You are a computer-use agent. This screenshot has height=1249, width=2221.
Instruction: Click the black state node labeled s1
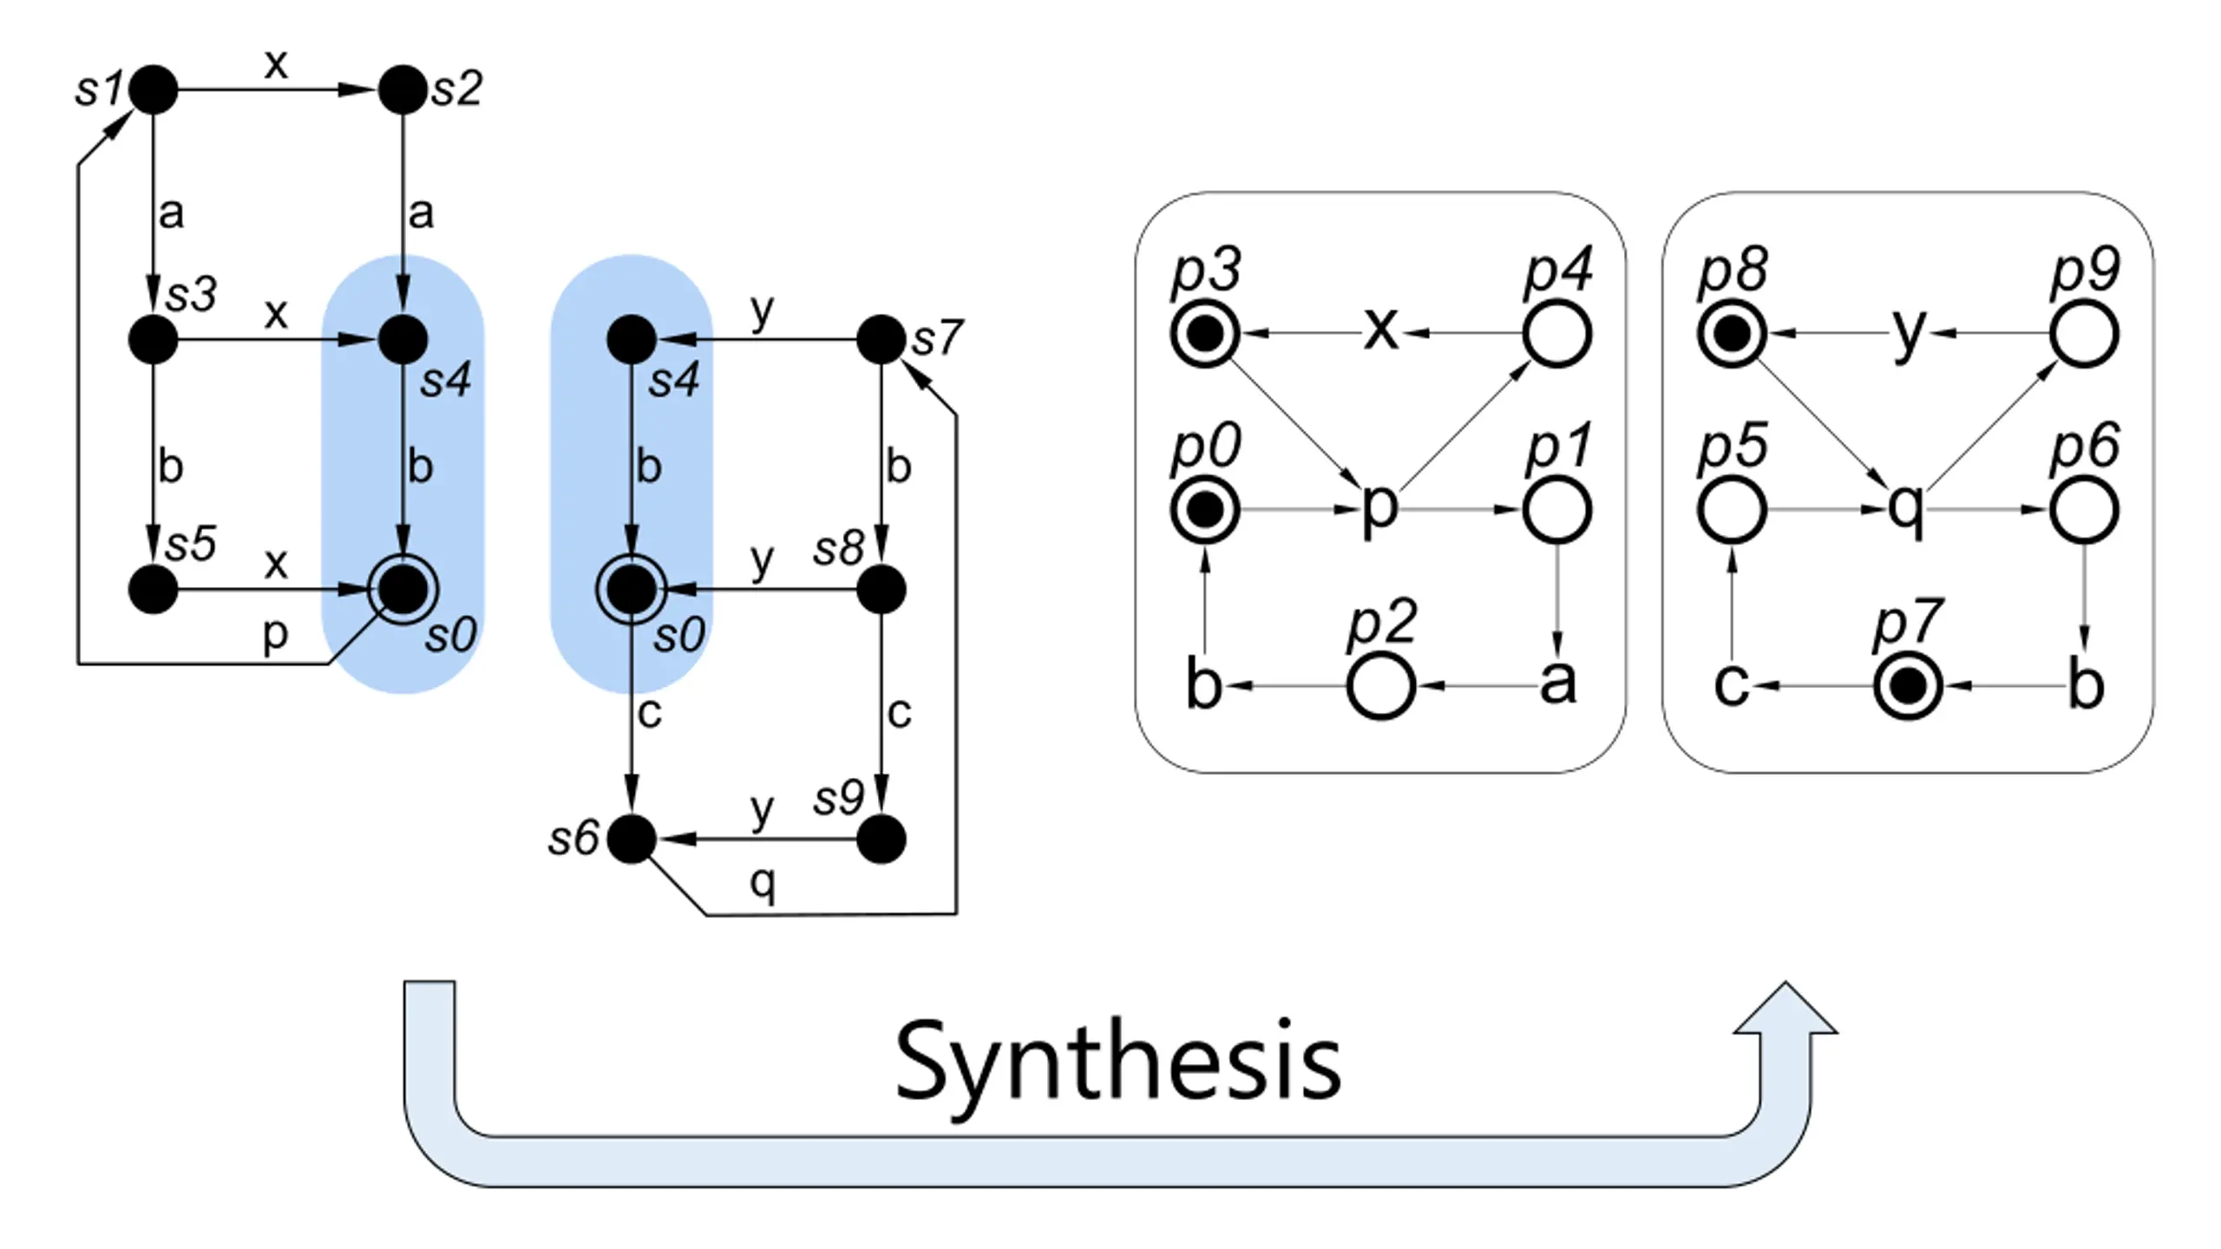click(x=154, y=89)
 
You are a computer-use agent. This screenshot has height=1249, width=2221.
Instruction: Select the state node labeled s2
click(x=403, y=89)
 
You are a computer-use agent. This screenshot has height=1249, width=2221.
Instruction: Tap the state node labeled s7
click(x=881, y=339)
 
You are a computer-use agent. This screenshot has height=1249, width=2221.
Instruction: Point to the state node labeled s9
click(x=881, y=839)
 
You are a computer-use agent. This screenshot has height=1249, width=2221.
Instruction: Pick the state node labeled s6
click(x=632, y=839)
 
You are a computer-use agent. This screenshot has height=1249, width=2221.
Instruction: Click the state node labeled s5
click(x=154, y=589)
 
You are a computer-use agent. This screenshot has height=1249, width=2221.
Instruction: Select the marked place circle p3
click(x=1204, y=334)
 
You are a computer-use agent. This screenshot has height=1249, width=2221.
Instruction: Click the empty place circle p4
click(x=1557, y=334)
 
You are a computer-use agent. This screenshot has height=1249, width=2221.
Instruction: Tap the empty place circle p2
click(x=1381, y=686)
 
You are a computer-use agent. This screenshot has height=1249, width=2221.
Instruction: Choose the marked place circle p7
click(x=1908, y=686)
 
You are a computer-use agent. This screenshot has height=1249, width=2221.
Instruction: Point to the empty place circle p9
click(x=2085, y=334)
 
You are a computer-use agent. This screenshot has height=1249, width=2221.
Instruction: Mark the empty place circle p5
click(x=1732, y=510)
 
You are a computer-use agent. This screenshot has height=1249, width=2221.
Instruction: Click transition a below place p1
click(x=1557, y=683)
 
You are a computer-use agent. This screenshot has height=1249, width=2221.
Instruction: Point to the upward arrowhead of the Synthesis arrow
click(x=1785, y=1008)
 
